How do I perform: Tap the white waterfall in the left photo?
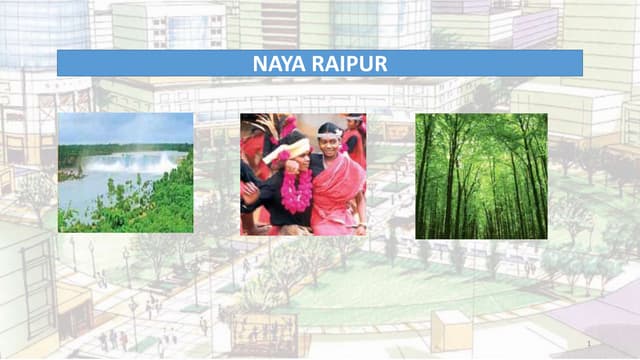tap(140, 162)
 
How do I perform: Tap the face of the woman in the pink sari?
tap(329, 142)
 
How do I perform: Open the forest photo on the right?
tap(481, 175)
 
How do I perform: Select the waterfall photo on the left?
tap(125, 173)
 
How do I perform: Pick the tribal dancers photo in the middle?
tap(302, 175)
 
